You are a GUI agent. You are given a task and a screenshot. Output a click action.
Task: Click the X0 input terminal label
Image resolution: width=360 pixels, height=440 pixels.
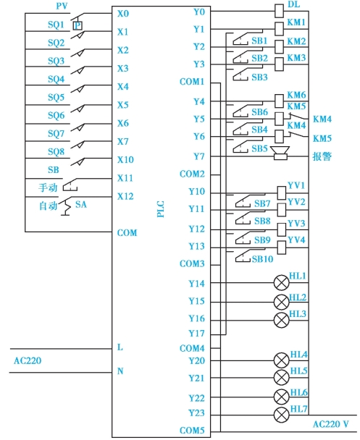[x=123, y=14]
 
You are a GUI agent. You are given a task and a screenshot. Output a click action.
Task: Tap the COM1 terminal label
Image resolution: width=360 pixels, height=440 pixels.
[x=192, y=82]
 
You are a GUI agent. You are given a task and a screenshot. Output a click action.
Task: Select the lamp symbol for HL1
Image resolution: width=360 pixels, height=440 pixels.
[x=281, y=282]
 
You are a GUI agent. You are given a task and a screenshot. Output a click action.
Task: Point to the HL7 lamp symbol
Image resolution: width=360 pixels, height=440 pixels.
[x=281, y=415]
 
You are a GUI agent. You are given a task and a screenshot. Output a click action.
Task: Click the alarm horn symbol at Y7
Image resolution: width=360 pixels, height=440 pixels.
[x=280, y=153]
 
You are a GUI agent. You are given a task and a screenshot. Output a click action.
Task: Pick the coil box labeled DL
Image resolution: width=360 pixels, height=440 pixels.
[x=279, y=11]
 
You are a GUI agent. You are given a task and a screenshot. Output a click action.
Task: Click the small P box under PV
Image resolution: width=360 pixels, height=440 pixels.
[x=78, y=26]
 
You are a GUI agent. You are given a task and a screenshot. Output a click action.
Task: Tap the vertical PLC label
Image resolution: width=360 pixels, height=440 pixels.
[x=160, y=209]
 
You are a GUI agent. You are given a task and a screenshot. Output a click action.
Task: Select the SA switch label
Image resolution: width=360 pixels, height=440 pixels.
[x=81, y=204]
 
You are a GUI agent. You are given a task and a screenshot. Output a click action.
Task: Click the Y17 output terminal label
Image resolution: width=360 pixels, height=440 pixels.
[x=196, y=334]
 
